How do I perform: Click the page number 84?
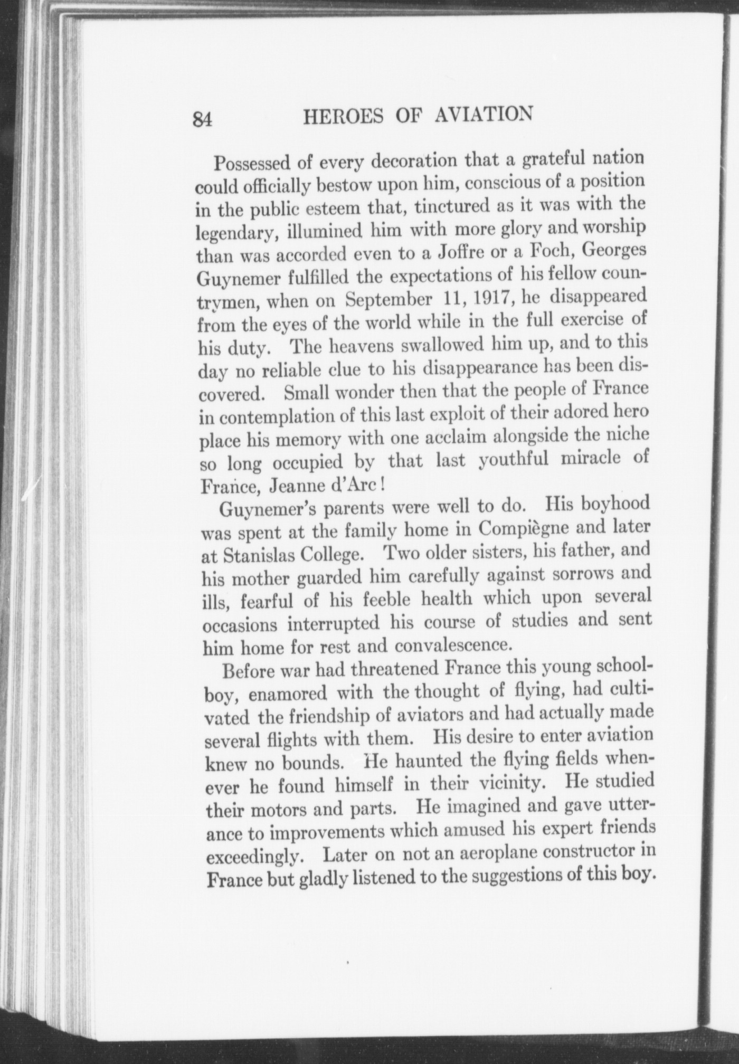203,119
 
